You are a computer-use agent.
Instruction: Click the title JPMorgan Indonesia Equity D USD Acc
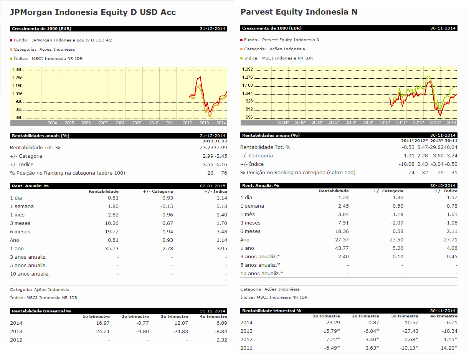click(92, 12)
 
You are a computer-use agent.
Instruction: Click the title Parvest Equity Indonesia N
click(299, 12)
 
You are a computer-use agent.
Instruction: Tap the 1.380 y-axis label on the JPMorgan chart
click(17, 70)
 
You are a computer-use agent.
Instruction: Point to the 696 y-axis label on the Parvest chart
click(249, 117)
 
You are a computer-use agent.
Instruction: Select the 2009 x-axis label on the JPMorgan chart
click(137, 123)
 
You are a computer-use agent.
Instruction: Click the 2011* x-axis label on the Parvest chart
click(401, 122)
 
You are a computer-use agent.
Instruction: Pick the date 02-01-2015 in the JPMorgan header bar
click(213, 186)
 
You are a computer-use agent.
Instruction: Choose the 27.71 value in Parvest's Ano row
click(451, 240)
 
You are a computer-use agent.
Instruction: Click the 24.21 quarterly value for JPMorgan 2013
click(103, 332)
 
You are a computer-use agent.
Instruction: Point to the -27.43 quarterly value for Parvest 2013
click(410, 331)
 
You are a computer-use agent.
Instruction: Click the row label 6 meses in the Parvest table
click(250, 231)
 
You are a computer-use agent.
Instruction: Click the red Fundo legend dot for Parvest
click(241, 40)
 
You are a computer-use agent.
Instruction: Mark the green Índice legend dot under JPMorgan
click(11, 59)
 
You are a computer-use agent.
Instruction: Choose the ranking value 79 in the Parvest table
click(441, 173)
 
